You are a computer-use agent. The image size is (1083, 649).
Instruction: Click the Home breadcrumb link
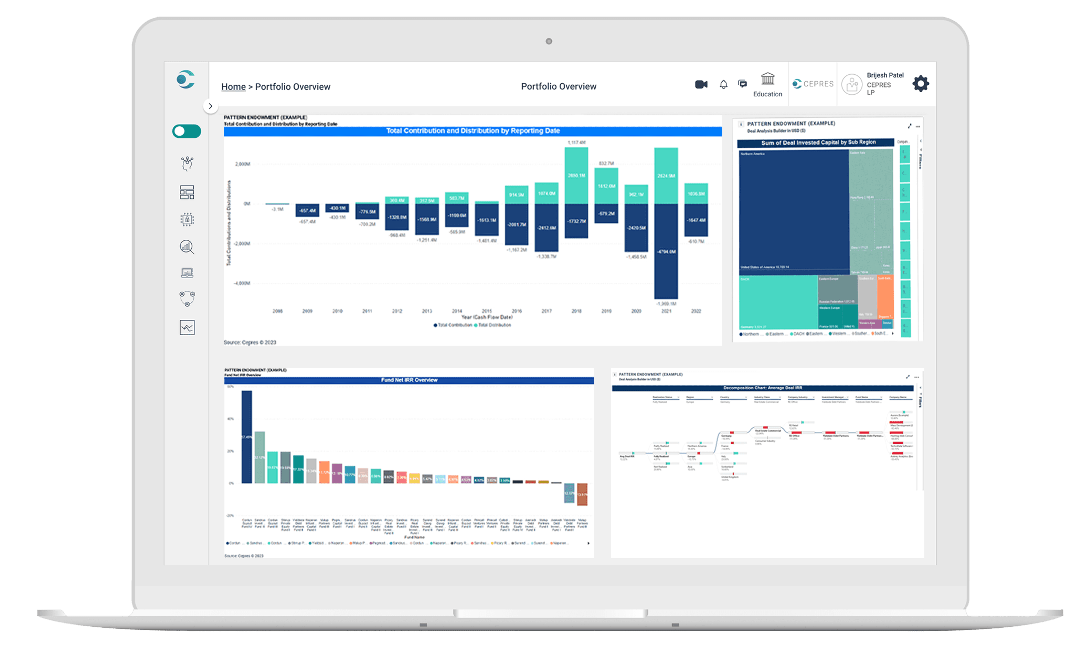[x=233, y=87]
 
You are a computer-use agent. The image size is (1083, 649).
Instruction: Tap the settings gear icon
[x=921, y=84]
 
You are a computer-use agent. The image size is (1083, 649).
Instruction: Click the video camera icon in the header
[x=701, y=84]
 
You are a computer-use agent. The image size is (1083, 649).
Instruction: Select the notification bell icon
[x=723, y=84]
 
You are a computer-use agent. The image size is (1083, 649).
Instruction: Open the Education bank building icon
[x=767, y=79]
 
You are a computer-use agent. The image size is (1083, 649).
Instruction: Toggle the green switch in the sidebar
[x=187, y=131]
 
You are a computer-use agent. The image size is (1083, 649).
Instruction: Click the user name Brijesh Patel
[x=885, y=75]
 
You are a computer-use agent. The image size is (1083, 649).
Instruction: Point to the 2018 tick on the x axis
[x=576, y=311]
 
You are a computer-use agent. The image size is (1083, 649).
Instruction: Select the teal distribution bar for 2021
[x=666, y=176]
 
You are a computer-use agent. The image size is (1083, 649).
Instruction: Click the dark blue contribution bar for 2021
[x=666, y=251]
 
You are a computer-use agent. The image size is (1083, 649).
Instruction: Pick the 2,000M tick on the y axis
[x=243, y=164]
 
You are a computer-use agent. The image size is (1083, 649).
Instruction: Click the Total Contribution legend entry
[x=453, y=325]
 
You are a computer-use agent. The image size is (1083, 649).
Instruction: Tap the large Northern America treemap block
[x=793, y=210]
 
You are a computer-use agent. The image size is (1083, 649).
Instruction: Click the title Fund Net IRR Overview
[x=409, y=380]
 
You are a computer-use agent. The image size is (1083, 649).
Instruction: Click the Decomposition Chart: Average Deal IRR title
[x=762, y=388]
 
